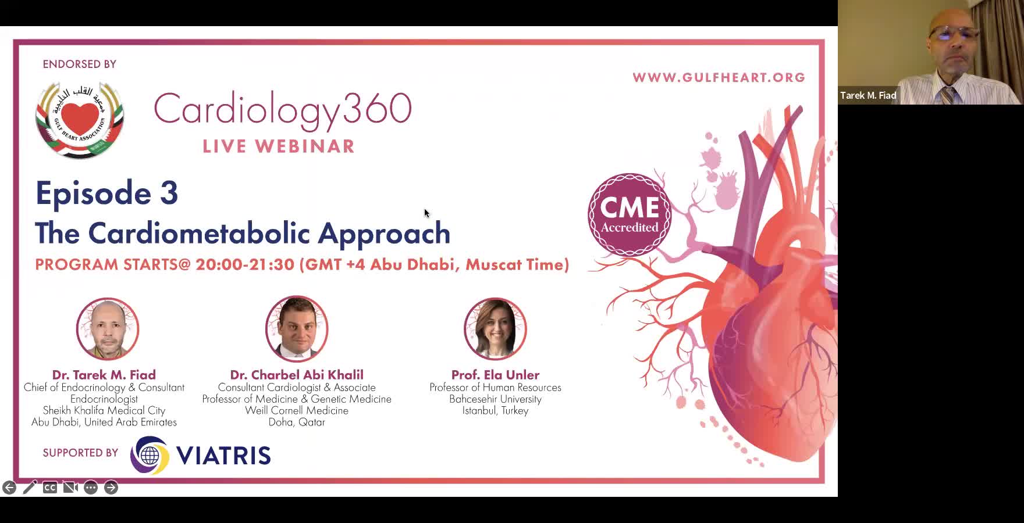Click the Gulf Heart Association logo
click(80, 120)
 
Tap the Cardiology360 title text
click(283, 110)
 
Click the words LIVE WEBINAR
click(279, 146)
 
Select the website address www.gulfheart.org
click(719, 78)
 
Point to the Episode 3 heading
click(106, 193)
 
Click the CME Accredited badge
click(630, 215)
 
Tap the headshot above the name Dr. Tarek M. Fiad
click(108, 329)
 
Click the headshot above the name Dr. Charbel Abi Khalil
click(297, 329)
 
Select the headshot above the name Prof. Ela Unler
click(495, 329)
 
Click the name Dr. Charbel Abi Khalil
click(297, 375)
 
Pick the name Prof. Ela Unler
click(495, 375)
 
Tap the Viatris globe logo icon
click(150, 455)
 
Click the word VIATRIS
click(223, 456)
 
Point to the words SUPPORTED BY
click(80, 453)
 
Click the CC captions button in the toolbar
click(50, 488)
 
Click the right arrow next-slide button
click(111, 488)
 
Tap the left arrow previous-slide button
click(9, 488)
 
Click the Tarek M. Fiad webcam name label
click(868, 95)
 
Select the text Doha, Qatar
click(297, 422)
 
